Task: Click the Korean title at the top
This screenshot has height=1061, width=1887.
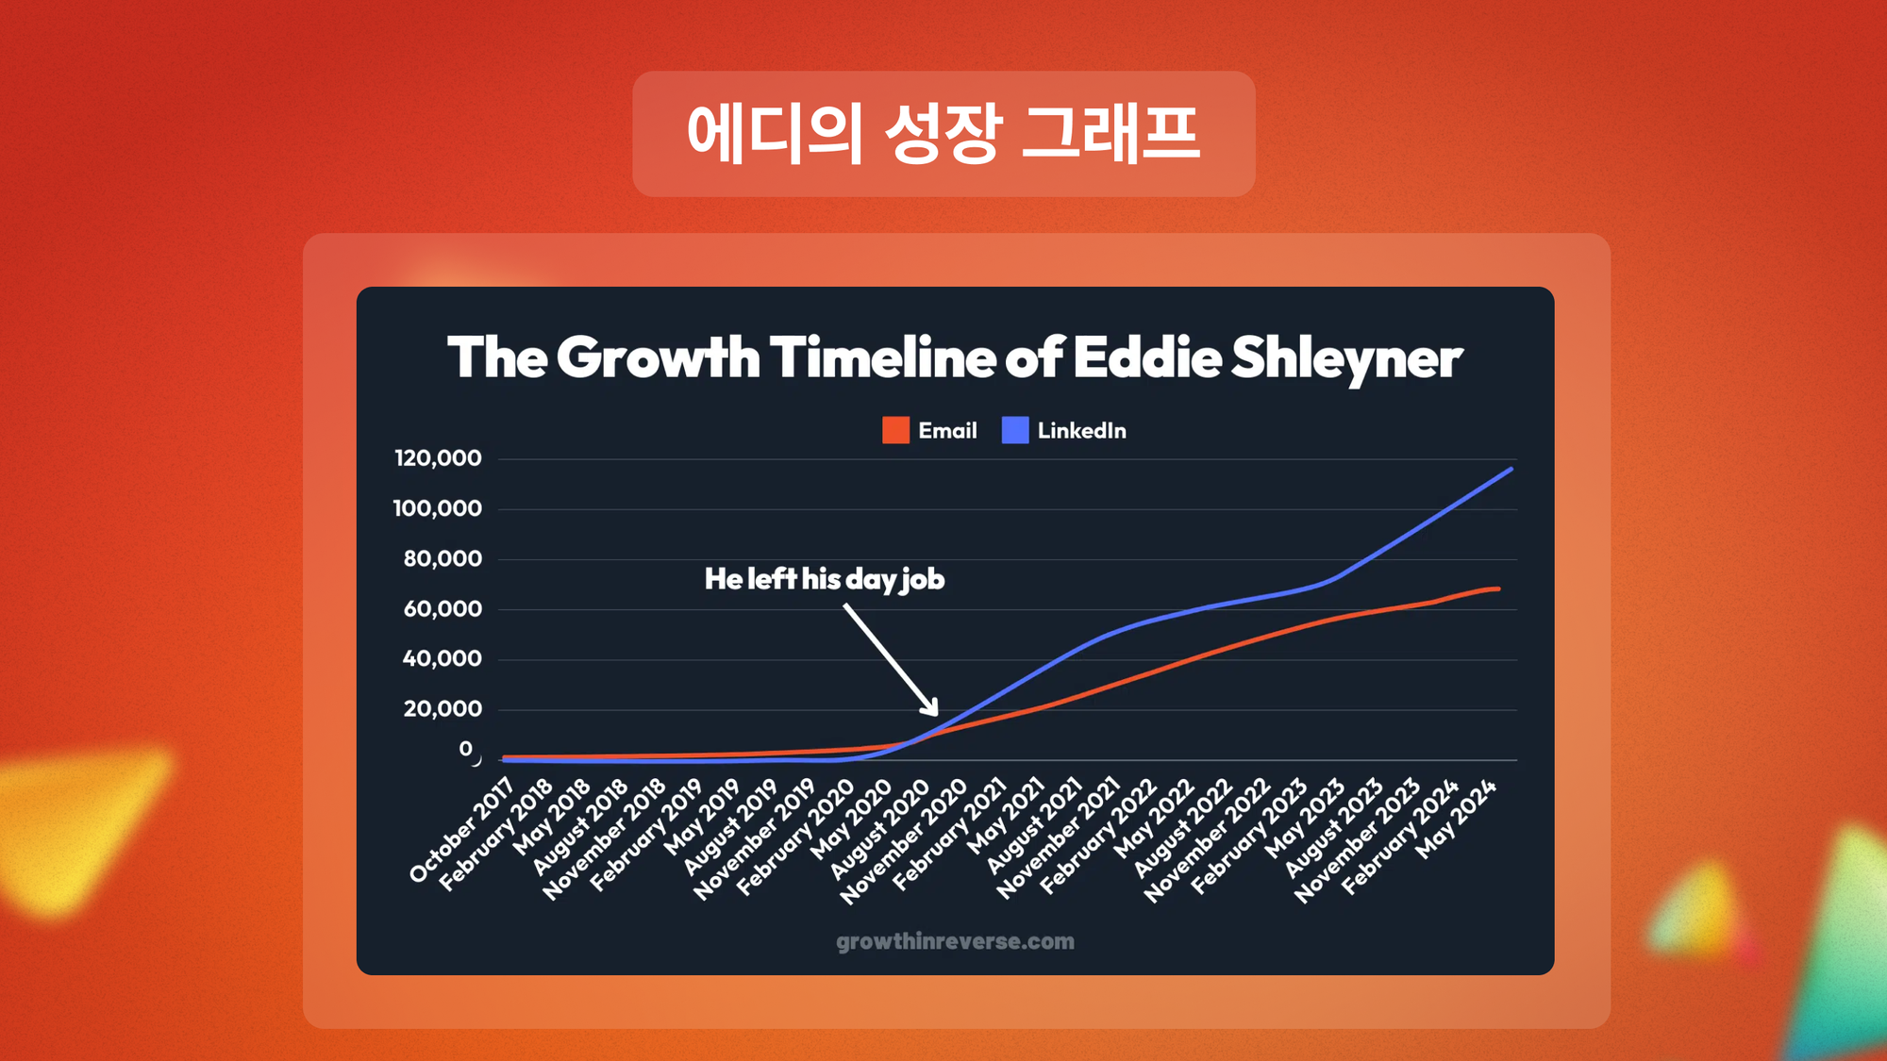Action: point(943,134)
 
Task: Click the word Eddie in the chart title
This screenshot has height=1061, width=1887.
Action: point(1146,357)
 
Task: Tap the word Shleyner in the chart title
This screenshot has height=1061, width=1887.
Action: point(1346,358)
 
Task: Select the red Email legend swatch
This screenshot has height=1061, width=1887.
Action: point(895,430)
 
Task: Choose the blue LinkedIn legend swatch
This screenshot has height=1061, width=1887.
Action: point(1015,430)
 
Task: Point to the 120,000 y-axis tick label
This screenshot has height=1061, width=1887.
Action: point(438,458)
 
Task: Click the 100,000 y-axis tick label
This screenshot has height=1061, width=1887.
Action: point(438,508)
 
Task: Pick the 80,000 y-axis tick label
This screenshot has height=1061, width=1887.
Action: point(443,558)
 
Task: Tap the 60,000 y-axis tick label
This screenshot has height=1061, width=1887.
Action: point(443,608)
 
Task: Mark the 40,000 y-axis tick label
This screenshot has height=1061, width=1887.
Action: point(443,658)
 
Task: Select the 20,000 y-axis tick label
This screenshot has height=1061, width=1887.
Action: point(443,708)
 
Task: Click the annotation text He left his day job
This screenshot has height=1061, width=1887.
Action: point(825,579)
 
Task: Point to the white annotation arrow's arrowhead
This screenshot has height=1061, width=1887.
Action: point(931,707)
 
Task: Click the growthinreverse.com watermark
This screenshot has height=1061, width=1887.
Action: point(955,941)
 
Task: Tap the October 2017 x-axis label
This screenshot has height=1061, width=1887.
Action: point(461,830)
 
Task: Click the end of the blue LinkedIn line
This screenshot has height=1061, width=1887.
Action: point(1511,469)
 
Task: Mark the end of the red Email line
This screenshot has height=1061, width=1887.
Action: point(1498,589)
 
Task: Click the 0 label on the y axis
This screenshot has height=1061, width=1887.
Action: point(466,749)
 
